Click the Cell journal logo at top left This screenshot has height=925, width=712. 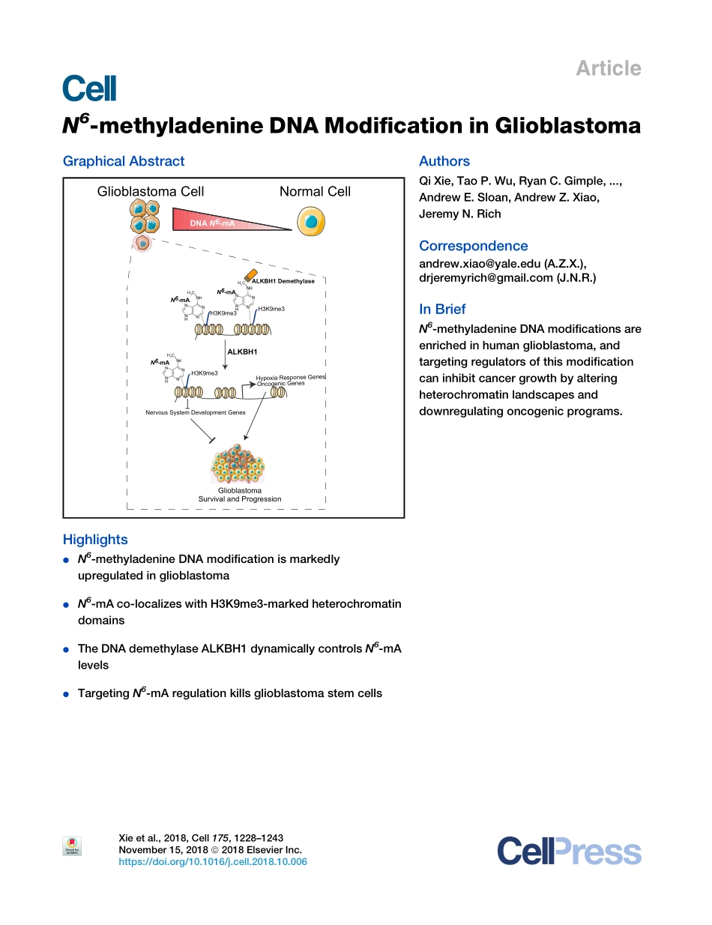(89, 88)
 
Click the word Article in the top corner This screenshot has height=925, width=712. (608, 68)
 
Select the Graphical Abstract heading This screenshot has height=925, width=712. (124, 161)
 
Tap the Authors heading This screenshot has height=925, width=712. (444, 161)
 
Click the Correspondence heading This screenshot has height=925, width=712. (473, 246)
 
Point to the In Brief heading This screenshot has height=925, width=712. (442, 309)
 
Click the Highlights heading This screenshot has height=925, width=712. (95, 540)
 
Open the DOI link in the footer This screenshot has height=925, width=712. (213, 862)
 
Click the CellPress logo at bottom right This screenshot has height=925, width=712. (569, 852)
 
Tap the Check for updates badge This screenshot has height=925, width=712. (72, 847)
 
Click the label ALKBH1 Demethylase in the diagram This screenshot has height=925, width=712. (283, 281)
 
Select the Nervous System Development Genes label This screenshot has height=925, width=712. (195, 412)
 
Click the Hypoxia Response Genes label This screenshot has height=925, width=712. (290, 377)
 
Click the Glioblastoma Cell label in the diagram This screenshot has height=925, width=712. (150, 192)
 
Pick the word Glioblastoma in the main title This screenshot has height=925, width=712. (557, 126)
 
